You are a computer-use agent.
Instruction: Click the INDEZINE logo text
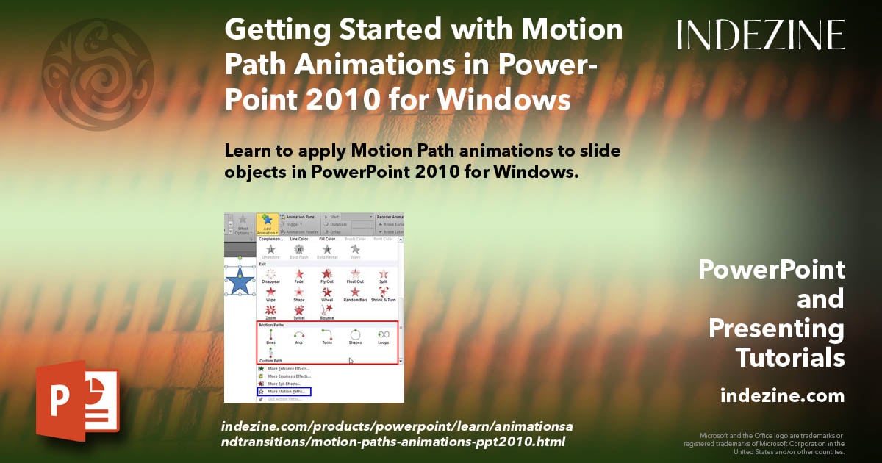coord(761,35)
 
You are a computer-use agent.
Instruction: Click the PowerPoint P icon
coord(76,401)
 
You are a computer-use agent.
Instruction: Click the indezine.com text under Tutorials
coord(782,396)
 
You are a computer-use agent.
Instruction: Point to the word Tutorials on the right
coord(789,358)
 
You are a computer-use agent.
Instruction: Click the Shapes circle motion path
coord(354,334)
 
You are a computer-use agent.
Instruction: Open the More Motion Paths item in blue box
coord(286,392)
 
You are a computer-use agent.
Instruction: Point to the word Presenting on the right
coord(776,329)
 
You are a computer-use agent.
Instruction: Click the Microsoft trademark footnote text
coord(764,443)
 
